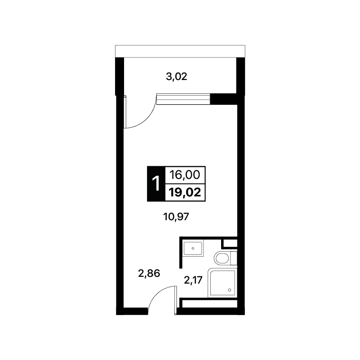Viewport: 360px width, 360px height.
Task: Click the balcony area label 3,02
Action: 177,77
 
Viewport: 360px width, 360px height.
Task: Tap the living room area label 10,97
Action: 176,217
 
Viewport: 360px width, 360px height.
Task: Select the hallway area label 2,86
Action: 149,273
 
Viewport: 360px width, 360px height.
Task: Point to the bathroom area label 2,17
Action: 193,280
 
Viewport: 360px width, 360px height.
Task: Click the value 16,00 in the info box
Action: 185,175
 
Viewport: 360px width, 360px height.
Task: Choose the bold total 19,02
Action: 185,192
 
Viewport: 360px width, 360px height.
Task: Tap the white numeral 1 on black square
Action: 156,184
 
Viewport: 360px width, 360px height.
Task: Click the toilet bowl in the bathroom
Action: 222,258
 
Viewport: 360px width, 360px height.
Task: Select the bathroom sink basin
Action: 193,248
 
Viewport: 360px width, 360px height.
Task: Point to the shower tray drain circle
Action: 229,290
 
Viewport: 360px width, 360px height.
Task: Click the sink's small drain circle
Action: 193,248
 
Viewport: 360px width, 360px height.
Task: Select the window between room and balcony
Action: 183,99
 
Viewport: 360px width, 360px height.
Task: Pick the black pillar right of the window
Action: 224,99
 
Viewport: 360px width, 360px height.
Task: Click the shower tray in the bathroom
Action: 222,283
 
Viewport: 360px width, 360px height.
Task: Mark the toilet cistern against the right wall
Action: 234,258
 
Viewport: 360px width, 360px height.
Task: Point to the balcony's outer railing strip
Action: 180,51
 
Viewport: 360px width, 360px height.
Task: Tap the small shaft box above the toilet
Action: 230,243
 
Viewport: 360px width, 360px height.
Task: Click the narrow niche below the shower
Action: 209,304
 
